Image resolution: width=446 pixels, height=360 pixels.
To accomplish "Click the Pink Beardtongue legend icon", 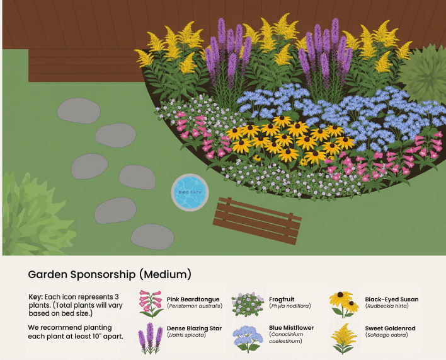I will pyautogui.click(x=151, y=303).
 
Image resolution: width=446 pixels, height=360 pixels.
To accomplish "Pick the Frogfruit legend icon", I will pyautogui.click(x=248, y=304).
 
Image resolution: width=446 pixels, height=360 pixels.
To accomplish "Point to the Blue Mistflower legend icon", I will pyautogui.click(x=248, y=337).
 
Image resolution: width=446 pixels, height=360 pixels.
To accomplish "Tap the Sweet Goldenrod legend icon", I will pyautogui.click(x=343, y=337).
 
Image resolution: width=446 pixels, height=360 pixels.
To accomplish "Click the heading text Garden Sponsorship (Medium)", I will pyautogui.click(x=110, y=275).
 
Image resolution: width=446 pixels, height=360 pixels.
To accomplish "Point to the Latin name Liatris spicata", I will pyautogui.click(x=186, y=335).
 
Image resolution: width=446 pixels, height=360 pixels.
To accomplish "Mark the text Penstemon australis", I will pyautogui.click(x=195, y=306).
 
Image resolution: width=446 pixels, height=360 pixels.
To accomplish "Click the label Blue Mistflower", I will pyautogui.click(x=291, y=328).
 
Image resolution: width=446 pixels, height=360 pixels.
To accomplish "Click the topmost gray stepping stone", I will pyautogui.click(x=79, y=111).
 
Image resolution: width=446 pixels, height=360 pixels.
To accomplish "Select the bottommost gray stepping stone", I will pyautogui.click(x=152, y=236).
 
